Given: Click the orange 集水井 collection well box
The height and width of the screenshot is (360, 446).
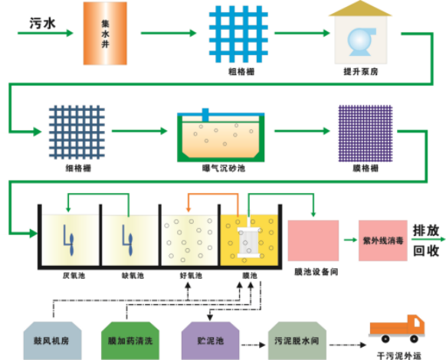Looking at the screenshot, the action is pyautogui.click(x=105, y=33).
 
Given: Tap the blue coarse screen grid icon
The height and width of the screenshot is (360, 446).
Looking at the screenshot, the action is pyautogui.click(x=238, y=34).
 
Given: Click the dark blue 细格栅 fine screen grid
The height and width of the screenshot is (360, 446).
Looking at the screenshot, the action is pyautogui.click(x=77, y=132).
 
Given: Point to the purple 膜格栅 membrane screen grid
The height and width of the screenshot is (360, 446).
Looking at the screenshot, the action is pyautogui.click(x=366, y=133).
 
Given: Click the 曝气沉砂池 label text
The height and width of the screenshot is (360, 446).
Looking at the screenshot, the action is pyautogui.click(x=224, y=169).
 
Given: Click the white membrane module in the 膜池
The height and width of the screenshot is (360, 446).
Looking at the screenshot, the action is pyautogui.click(x=249, y=242).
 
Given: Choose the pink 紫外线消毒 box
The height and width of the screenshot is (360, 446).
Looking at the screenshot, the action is pyautogui.click(x=383, y=241).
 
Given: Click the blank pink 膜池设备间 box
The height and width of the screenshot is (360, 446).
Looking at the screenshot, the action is pyautogui.click(x=313, y=241).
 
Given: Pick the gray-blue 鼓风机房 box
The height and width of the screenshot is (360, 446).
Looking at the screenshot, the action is pyautogui.click(x=53, y=341).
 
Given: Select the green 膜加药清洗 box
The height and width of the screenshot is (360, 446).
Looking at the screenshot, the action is pyautogui.click(x=130, y=341).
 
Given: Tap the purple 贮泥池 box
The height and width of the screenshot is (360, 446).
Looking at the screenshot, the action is pyautogui.click(x=211, y=341).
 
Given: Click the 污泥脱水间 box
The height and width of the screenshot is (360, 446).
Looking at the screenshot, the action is pyautogui.click(x=297, y=341).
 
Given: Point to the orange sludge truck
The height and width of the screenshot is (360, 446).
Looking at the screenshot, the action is pyautogui.click(x=397, y=329).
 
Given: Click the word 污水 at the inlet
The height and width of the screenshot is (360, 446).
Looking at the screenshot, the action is pyautogui.click(x=42, y=23).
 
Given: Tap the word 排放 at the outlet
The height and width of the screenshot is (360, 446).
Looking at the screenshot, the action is pyautogui.click(x=426, y=231).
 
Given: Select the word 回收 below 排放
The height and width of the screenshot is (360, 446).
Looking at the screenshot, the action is pyautogui.click(x=426, y=250).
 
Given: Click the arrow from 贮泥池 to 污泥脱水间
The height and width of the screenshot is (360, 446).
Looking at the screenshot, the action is pyautogui.click(x=253, y=345).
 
